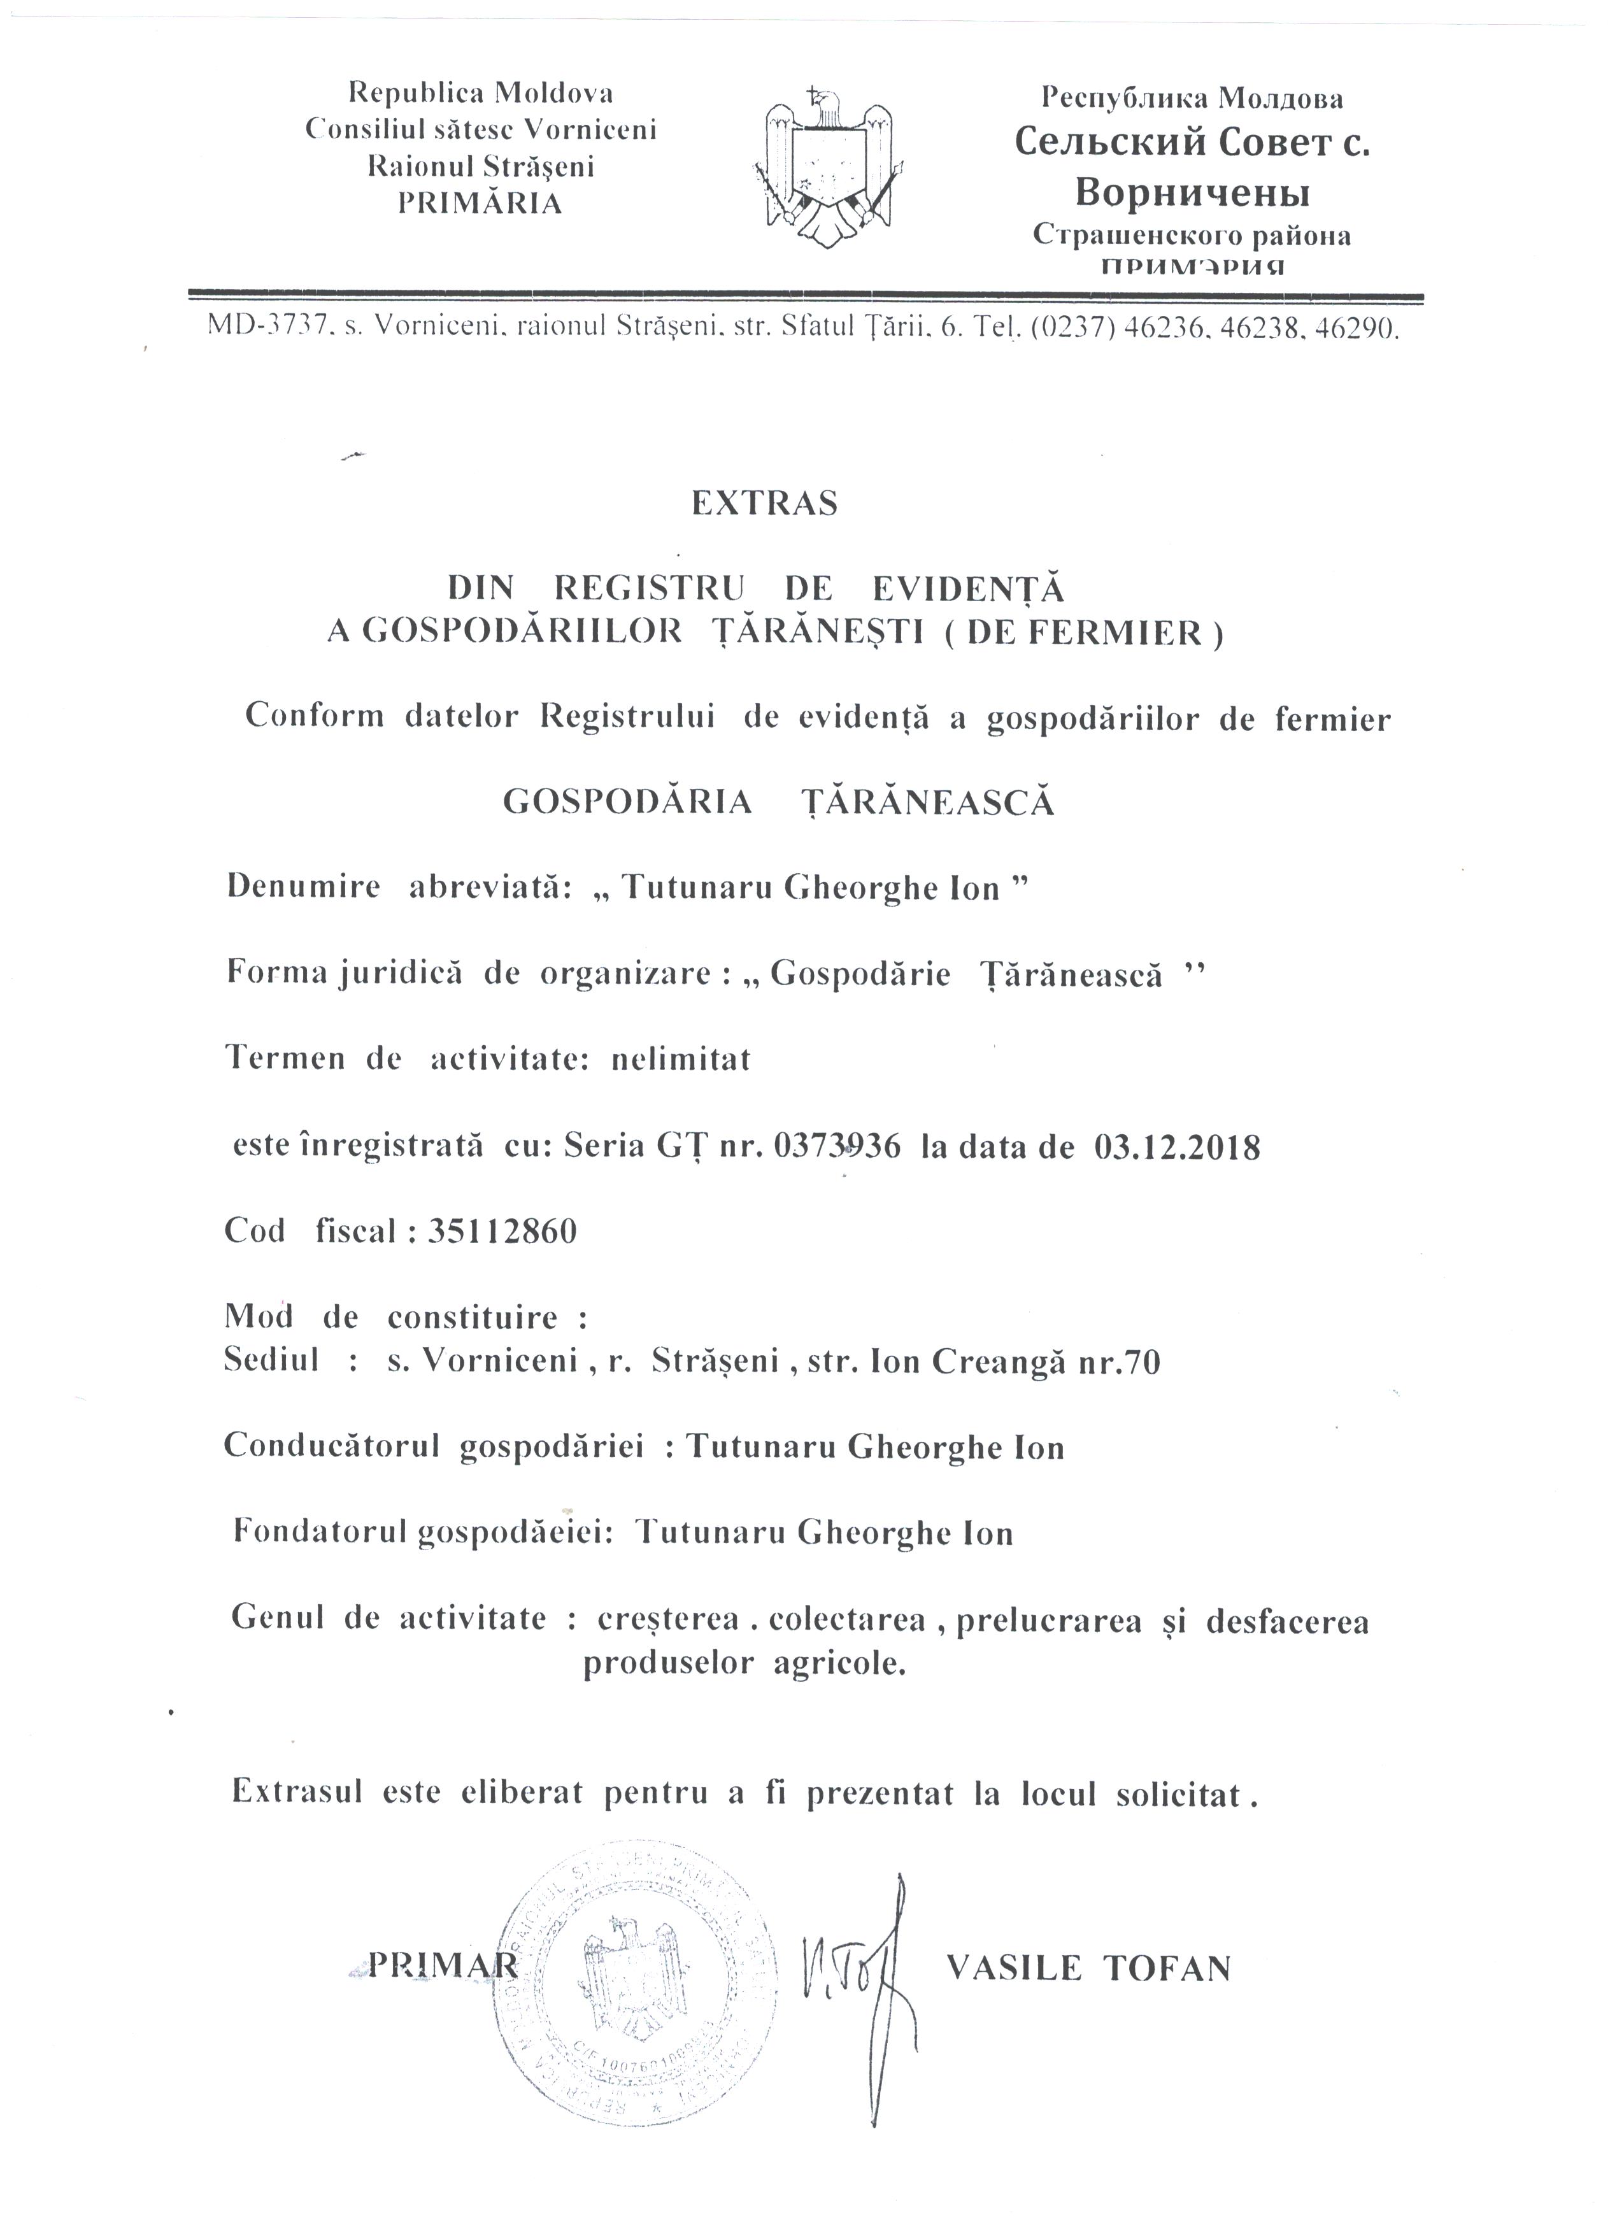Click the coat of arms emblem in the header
(829, 167)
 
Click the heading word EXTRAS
(764, 503)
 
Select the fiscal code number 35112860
(502, 1231)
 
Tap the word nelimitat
(681, 1060)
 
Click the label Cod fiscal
(310, 1231)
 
